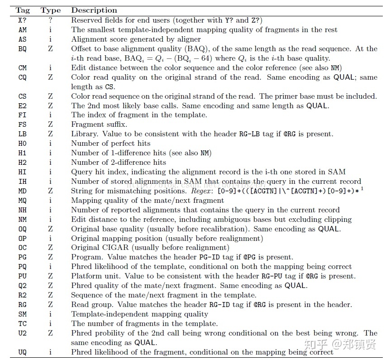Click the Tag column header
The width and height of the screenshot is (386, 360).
[x=22, y=10]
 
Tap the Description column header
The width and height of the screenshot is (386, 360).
[x=94, y=10]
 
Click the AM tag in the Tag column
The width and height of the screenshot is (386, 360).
[x=22, y=30]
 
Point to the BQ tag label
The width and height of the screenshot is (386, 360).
[x=22, y=49]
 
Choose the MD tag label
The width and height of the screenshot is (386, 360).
[x=22, y=191]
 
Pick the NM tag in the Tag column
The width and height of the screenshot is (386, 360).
[x=22, y=220]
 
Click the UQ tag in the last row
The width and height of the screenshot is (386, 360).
[x=22, y=352]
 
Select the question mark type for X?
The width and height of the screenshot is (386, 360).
[x=50, y=20]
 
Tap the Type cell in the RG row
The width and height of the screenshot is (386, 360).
[x=50, y=305]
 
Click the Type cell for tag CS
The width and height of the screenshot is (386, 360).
[x=50, y=96]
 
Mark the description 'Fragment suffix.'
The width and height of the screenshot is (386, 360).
[x=99, y=125]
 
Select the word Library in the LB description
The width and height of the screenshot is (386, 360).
[x=84, y=134]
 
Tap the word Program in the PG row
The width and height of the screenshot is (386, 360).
[x=86, y=257]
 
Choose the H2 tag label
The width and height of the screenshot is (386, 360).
[x=22, y=163]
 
